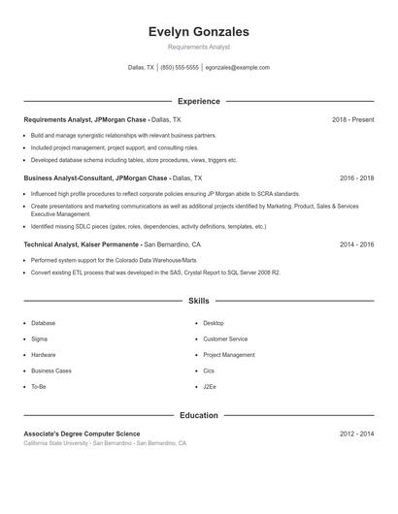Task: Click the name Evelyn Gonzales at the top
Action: point(199,31)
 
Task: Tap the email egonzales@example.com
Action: point(238,68)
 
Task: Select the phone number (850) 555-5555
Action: point(180,68)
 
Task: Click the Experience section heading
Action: point(199,101)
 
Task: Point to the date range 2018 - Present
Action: point(352,119)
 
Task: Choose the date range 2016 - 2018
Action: point(357,178)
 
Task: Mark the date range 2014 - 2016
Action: point(357,245)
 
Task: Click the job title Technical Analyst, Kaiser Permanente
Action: point(83,245)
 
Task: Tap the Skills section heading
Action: point(199,302)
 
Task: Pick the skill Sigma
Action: point(39,338)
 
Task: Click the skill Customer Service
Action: point(225,338)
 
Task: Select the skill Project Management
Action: point(229,355)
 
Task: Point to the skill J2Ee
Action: point(210,386)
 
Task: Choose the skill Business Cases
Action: point(50,370)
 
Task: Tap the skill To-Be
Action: point(39,386)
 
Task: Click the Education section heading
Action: point(199,415)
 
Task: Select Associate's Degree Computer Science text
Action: point(82,434)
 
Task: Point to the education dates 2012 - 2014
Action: point(357,434)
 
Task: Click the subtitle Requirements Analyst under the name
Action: point(199,47)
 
